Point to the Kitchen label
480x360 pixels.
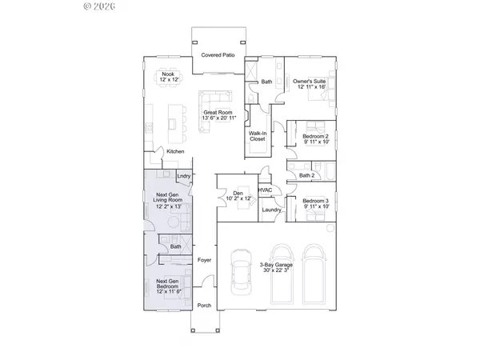(175, 151)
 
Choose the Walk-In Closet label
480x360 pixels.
(258, 136)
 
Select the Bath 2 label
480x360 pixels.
(307, 175)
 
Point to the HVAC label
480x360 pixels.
(266, 190)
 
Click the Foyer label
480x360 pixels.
(204, 260)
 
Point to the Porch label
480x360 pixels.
(204, 305)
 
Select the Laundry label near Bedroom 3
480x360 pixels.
(270, 210)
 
